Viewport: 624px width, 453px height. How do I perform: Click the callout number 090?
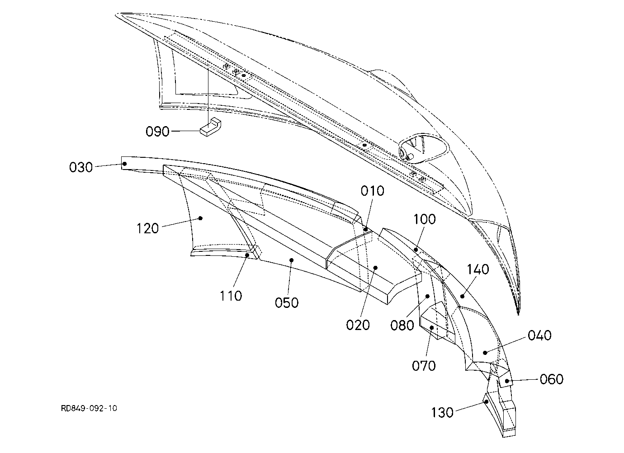coord(157,131)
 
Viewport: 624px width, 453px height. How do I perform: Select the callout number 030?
coord(81,167)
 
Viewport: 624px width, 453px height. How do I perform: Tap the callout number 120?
coord(148,228)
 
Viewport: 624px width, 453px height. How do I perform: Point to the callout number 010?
coord(373,191)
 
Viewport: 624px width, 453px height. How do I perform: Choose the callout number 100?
coord(425,219)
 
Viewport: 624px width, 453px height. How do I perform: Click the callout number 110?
coord(231,296)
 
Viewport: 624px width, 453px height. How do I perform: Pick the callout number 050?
coord(287,302)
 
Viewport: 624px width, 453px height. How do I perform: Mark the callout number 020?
coord(358,325)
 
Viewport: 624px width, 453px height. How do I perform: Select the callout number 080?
coord(402,325)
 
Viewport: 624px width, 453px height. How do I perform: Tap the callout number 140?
coord(478,269)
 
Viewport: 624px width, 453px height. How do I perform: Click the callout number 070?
coord(424,366)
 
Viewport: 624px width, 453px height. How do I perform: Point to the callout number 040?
coord(539,335)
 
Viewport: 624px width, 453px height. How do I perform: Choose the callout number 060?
coord(552,379)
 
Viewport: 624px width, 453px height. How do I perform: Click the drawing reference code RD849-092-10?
coord(89,408)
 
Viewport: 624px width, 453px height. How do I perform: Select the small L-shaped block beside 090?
coord(210,127)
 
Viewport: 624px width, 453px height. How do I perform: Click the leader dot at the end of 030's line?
coord(125,164)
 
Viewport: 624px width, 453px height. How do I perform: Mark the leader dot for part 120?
coord(200,218)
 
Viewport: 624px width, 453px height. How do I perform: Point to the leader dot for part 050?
coord(292,260)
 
